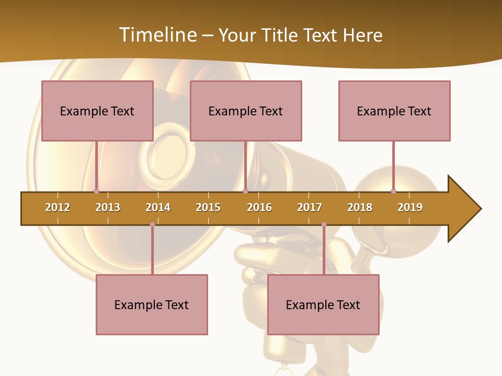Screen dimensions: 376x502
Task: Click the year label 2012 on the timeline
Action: pyautogui.click(x=58, y=207)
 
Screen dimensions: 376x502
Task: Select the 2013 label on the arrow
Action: pyautogui.click(x=108, y=207)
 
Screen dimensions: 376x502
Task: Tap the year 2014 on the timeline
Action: pyautogui.click(x=158, y=207)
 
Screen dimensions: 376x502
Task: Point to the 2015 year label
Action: pyautogui.click(x=208, y=207)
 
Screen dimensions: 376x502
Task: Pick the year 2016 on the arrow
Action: pyautogui.click(x=259, y=207)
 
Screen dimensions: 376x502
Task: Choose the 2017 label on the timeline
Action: pyautogui.click(x=310, y=207)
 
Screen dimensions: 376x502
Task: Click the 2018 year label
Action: pyautogui.click(x=360, y=207)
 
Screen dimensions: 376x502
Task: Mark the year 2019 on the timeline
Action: pyautogui.click(x=410, y=207)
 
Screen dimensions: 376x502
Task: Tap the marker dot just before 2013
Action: pyautogui.click(x=96, y=191)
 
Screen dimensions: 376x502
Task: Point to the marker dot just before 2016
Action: pyautogui.click(x=245, y=191)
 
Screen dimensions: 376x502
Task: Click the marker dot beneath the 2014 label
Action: pyautogui.click(x=152, y=225)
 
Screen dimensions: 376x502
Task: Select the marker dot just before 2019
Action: pyautogui.click(x=393, y=191)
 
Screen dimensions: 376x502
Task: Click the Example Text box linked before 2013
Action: pyautogui.click(x=97, y=111)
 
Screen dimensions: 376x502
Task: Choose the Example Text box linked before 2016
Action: pyautogui.click(x=246, y=111)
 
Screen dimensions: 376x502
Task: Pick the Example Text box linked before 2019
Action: pyautogui.click(x=394, y=111)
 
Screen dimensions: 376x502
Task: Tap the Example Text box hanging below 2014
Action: pyautogui.click(x=152, y=304)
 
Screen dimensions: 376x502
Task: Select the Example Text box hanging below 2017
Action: pyautogui.click(x=323, y=304)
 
